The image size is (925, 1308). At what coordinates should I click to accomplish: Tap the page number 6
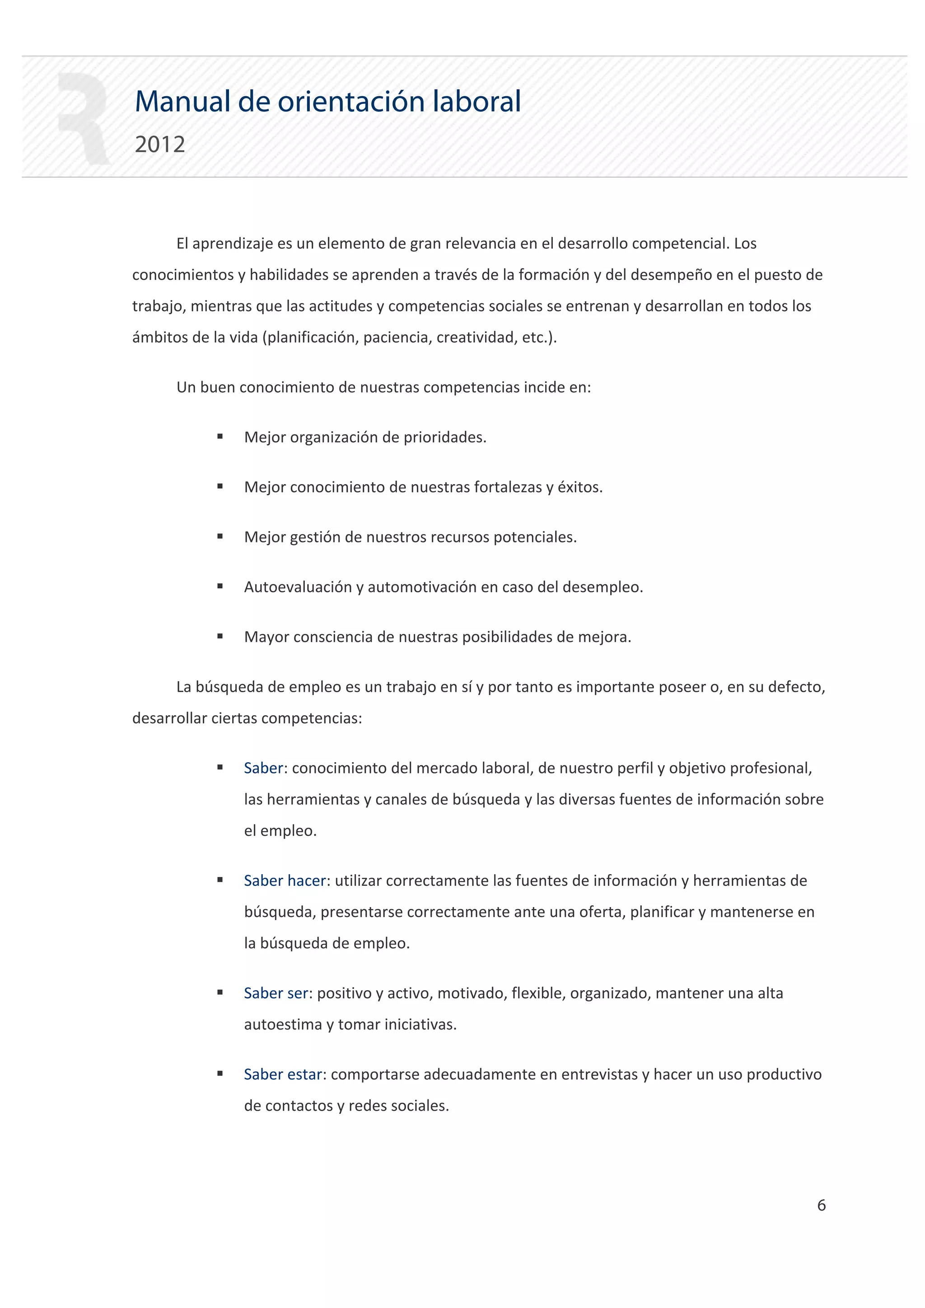click(821, 1205)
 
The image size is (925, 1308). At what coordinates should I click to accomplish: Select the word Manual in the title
click(182, 102)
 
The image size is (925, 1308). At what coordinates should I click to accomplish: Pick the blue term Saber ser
click(276, 993)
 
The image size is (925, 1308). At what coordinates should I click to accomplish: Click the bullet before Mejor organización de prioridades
click(220, 437)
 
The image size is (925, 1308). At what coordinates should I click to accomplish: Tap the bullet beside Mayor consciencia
click(220, 636)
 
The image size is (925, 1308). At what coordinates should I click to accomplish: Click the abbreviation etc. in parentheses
click(534, 337)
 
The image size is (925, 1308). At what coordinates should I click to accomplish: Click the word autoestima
click(283, 1024)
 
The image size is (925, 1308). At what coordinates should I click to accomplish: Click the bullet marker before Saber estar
click(220, 1074)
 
